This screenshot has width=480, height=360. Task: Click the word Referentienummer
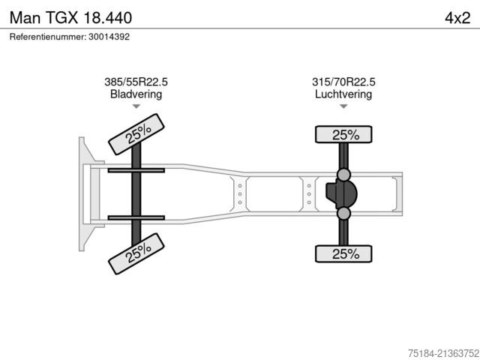click(x=46, y=37)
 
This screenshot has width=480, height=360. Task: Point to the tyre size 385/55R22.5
click(x=136, y=82)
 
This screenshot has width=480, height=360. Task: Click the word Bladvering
click(x=136, y=94)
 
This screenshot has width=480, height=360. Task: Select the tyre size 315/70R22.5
click(x=343, y=82)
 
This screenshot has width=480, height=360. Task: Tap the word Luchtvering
click(x=343, y=94)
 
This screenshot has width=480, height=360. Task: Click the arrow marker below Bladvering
click(x=136, y=106)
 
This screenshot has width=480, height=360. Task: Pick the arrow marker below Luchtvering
click(x=343, y=106)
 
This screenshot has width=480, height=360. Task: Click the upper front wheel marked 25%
click(x=136, y=133)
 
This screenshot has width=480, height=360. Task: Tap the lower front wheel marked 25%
click(x=136, y=253)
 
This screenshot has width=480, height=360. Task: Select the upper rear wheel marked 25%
click(x=343, y=134)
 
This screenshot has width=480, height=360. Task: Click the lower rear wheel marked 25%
click(x=343, y=253)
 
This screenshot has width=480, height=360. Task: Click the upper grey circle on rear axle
click(x=343, y=175)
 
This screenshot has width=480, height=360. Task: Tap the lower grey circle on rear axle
click(x=343, y=214)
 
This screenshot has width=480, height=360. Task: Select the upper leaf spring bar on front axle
click(x=136, y=171)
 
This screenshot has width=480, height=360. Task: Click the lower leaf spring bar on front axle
click(x=136, y=217)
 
